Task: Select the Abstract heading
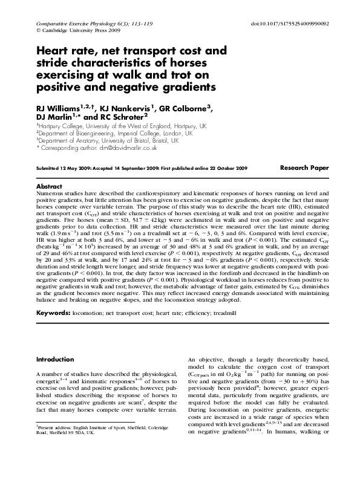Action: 50,186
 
